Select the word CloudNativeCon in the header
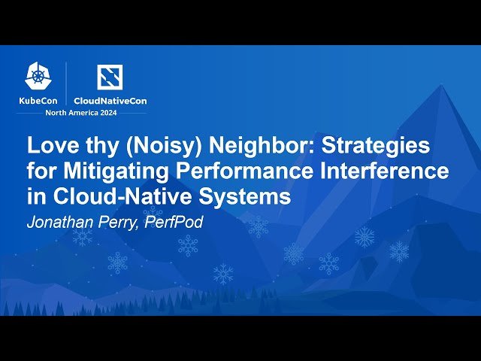pyautogui.click(x=110, y=100)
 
